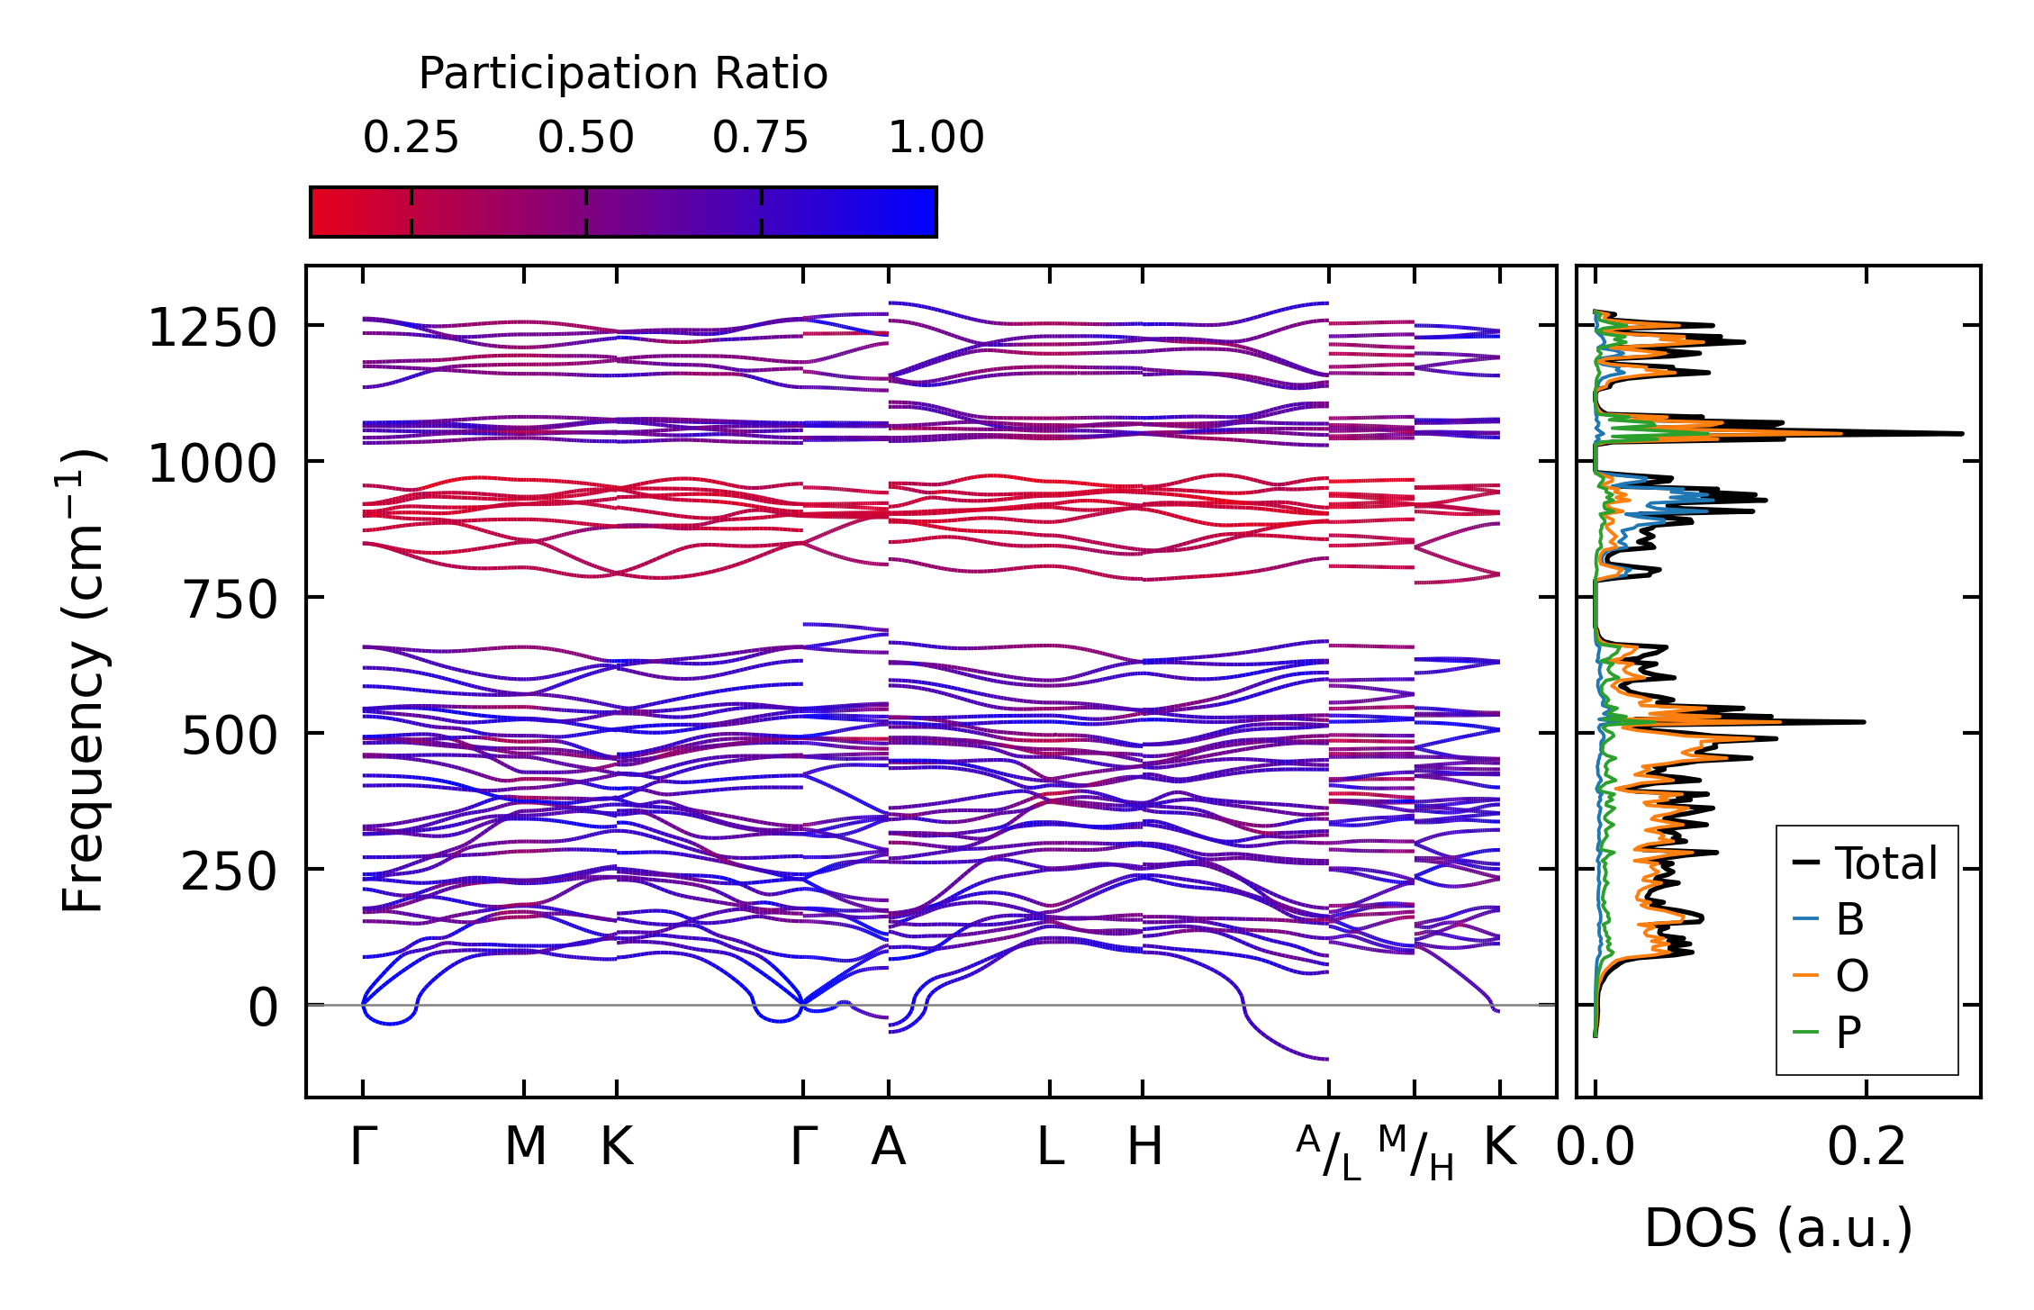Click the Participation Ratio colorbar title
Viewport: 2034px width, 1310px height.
click(623, 74)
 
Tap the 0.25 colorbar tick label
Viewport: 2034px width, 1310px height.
click(411, 138)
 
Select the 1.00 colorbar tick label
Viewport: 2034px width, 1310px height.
click(936, 138)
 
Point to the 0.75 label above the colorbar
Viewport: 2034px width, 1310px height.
click(760, 138)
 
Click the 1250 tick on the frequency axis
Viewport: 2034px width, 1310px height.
click(212, 327)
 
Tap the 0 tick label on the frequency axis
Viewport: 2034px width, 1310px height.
click(263, 1007)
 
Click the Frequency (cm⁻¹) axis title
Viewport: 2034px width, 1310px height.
click(83, 682)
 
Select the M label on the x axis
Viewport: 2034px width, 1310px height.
click(525, 1147)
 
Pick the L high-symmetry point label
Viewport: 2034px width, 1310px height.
click(1050, 1147)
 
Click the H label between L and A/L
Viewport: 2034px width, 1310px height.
click(1144, 1147)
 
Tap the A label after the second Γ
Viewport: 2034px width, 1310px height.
click(888, 1147)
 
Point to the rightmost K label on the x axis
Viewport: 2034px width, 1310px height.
click(1500, 1147)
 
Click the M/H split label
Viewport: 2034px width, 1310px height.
click(1415, 1153)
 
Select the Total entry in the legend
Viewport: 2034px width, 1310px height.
click(1885, 863)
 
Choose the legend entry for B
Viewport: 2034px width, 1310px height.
click(1849, 919)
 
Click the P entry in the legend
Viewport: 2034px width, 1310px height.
click(1848, 1032)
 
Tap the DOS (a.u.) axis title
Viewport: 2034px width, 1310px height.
click(1778, 1228)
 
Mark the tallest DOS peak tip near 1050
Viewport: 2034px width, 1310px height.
click(1961, 434)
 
